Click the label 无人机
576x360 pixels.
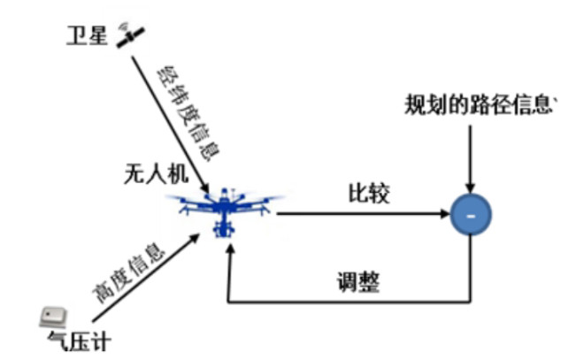point(152,175)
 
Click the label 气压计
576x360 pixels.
point(80,339)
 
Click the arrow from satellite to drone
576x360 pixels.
point(168,123)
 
